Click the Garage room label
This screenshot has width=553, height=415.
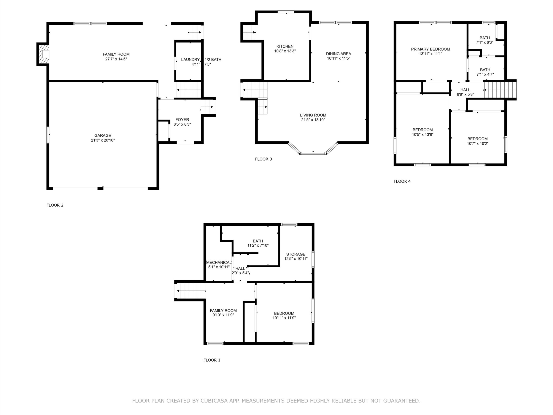click(103, 136)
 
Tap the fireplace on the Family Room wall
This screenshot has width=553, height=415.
click(43, 54)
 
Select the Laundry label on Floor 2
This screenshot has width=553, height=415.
click(190, 59)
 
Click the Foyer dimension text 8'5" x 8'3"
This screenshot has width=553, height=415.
click(182, 124)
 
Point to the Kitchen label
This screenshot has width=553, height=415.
click(285, 46)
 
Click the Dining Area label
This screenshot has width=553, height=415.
click(338, 54)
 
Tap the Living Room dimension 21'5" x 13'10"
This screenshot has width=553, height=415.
click(313, 120)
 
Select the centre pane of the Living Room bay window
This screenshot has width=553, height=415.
click(313, 153)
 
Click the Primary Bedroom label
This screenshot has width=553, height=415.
click(430, 49)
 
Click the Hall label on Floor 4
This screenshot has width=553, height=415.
click(465, 90)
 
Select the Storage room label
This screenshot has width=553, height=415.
click(296, 254)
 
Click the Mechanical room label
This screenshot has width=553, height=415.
click(219, 262)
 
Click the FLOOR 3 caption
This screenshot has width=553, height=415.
click(263, 159)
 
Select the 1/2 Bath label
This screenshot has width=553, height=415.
click(213, 59)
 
